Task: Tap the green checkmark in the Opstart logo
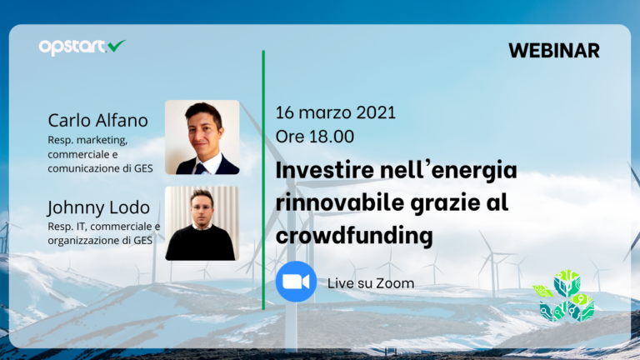click(117, 46)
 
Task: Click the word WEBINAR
click(553, 50)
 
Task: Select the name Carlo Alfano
click(97, 121)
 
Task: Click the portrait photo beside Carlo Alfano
click(202, 137)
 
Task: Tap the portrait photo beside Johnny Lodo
click(201, 222)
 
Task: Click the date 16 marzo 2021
click(336, 112)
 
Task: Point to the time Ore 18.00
click(315, 136)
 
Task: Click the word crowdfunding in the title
click(354, 237)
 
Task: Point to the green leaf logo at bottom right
click(565, 296)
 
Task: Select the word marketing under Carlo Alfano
click(102, 140)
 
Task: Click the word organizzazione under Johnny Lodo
click(82, 240)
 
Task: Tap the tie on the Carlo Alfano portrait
click(201, 166)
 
